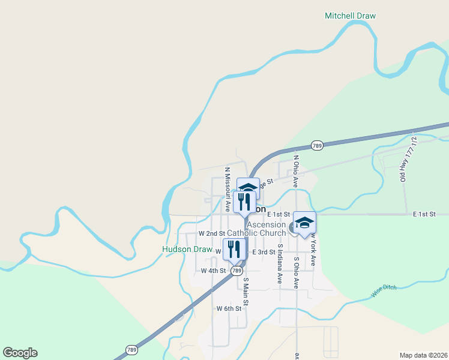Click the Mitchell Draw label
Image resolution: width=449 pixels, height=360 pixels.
(x=350, y=16)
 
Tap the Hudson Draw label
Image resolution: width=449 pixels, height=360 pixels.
(x=187, y=249)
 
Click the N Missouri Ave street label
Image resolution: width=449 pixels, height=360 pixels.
(x=228, y=190)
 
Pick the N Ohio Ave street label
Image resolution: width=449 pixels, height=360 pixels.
(x=295, y=172)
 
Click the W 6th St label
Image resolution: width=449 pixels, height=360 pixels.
(x=229, y=308)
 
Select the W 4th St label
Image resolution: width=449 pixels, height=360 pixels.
(x=213, y=271)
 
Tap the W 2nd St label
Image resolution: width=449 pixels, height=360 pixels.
(x=211, y=233)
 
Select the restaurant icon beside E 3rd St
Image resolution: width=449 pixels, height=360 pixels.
(x=234, y=249)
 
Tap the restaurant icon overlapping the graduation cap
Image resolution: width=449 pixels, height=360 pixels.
(x=244, y=201)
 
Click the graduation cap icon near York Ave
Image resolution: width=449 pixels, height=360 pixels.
(x=304, y=223)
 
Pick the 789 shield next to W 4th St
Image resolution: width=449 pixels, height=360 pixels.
(x=236, y=271)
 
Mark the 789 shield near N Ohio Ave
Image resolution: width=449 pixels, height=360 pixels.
(x=318, y=145)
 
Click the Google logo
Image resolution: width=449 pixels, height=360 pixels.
(x=20, y=353)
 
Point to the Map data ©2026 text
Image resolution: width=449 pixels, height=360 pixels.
(x=423, y=355)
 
